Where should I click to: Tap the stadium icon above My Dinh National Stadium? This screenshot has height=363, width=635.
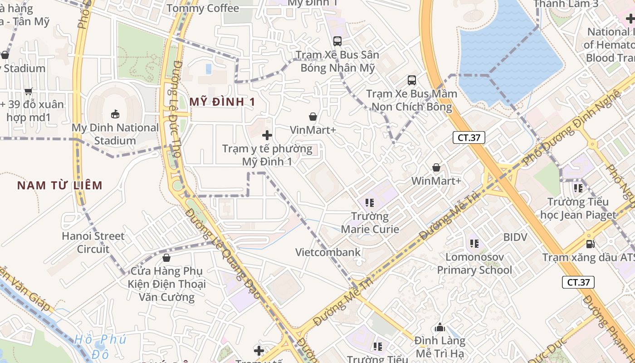tap(115, 113)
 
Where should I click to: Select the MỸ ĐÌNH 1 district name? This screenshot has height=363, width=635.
tap(222, 102)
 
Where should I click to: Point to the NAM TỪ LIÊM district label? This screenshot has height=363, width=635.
tap(60, 185)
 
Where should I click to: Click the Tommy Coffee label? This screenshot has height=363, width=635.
tap(203, 8)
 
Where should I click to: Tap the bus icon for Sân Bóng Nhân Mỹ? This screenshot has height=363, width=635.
tap(337, 41)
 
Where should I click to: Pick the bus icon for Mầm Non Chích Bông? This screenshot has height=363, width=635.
tap(412, 80)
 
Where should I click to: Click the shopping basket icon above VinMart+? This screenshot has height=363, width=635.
tap(313, 117)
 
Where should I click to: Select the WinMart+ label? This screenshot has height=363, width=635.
tap(436, 181)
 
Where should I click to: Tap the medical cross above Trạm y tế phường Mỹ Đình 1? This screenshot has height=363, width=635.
tap(267, 135)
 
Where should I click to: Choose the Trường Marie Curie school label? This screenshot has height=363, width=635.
tap(370, 222)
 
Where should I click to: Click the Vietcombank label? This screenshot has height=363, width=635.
tap(328, 252)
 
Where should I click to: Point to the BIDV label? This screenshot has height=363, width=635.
tap(515, 237)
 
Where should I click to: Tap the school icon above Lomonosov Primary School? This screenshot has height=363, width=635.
tap(474, 244)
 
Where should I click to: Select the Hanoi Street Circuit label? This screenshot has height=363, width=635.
tap(93, 242)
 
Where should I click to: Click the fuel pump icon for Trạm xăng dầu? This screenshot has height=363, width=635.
tap(591, 244)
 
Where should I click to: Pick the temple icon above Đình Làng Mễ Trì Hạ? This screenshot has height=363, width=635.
tap(440, 327)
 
